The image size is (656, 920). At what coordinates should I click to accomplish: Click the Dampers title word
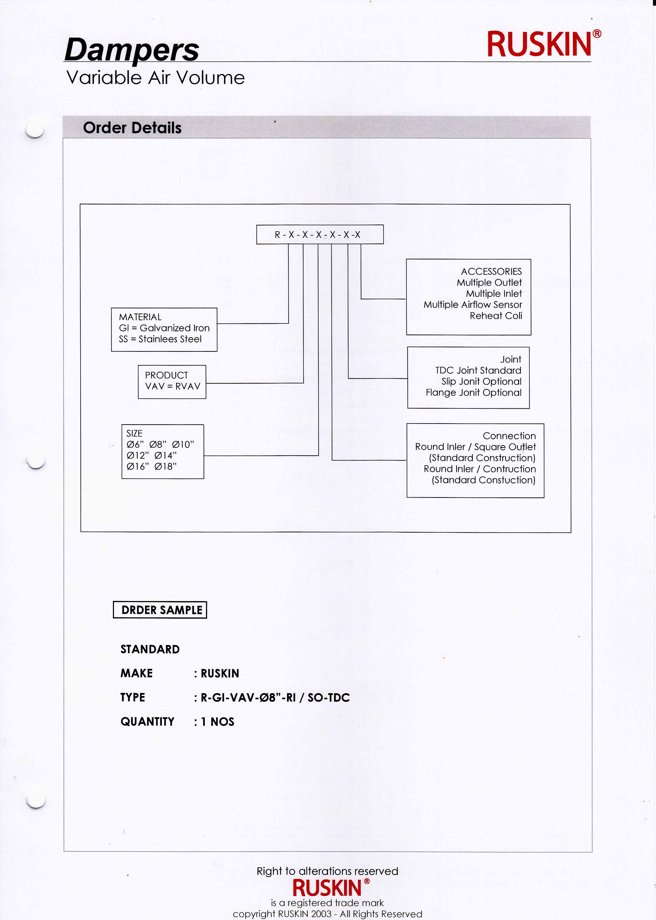coord(132,50)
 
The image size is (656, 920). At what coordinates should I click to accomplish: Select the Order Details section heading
coord(132,128)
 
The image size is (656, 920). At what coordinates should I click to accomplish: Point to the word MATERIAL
coord(140,317)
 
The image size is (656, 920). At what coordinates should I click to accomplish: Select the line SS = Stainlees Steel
coord(160,339)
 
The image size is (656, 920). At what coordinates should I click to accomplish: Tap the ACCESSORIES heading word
coord(491,271)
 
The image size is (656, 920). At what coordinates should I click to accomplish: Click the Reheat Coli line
coord(496,316)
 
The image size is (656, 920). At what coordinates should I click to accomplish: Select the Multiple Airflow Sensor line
coord(473,304)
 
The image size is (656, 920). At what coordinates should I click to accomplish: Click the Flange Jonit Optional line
coord(473,393)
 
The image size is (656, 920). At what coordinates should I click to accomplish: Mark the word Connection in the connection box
coord(509,436)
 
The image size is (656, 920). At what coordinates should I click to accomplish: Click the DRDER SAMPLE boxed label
coord(160,610)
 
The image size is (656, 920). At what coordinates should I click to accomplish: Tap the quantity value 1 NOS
coord(218,722)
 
